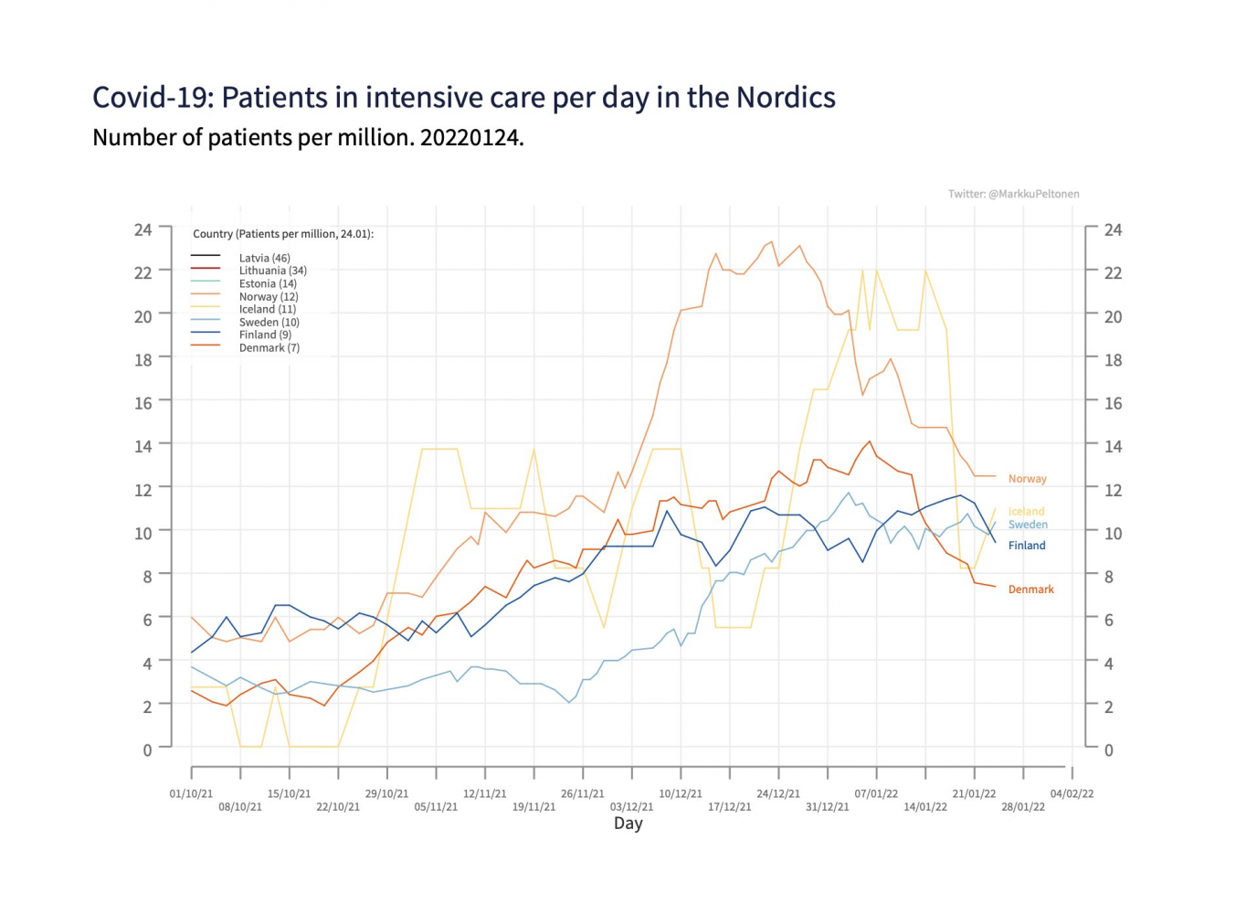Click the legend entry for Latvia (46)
pyautogui.click(x=264, y=258)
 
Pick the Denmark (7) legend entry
pyautogui.click(x=269, y=347)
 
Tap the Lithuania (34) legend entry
pyautogui.click(x=272, y=271)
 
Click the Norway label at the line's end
pyautogui.click(x=1027, y=479)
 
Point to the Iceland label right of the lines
pyautogui.click(x=1026, y=512)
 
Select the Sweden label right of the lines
pyautogui.click(x=1028, y=525)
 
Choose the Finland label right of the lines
pyautogui.click(x=1027, y=546)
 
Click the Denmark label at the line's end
pyautogui.click(x=1030, y=590)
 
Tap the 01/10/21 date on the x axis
pyautogui.click(x=191, y=793)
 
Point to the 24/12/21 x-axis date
pyautogui.click(x=777, y=793)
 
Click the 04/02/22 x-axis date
pyautogui.click(x=1072, y=793)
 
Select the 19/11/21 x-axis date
pyautogui.click(x=533, y=807)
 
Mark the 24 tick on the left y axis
pyautogui.click(x=143, y=229)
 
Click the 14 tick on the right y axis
pyautogui.click(x=1113, y=447)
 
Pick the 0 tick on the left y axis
pyautogui.click(x=147, y=749)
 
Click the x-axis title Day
pyautogui.click(x=628, y=824)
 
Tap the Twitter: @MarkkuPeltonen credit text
pyautogui.click(x=1013, y=194)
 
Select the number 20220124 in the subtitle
pyautogui.click(x=470, y=138)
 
